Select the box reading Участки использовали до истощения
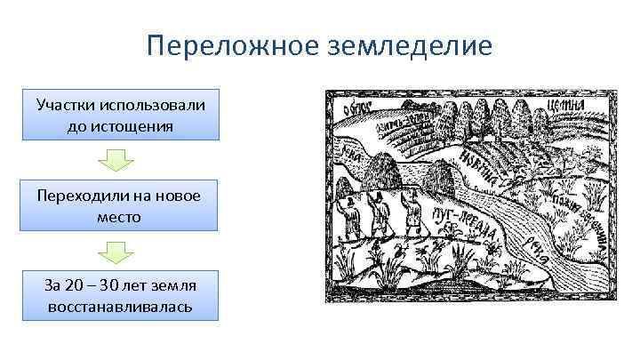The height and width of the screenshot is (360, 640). [x=121, y=115]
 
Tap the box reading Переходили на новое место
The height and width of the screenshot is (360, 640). [x=121, y=205]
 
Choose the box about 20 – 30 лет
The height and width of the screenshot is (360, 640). [x=121, y=295]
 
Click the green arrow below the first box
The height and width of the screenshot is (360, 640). [x=116, y=160]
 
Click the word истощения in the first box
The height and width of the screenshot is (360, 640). [x=121, y=125]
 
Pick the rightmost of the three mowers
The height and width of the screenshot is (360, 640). [x=412, y=212]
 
